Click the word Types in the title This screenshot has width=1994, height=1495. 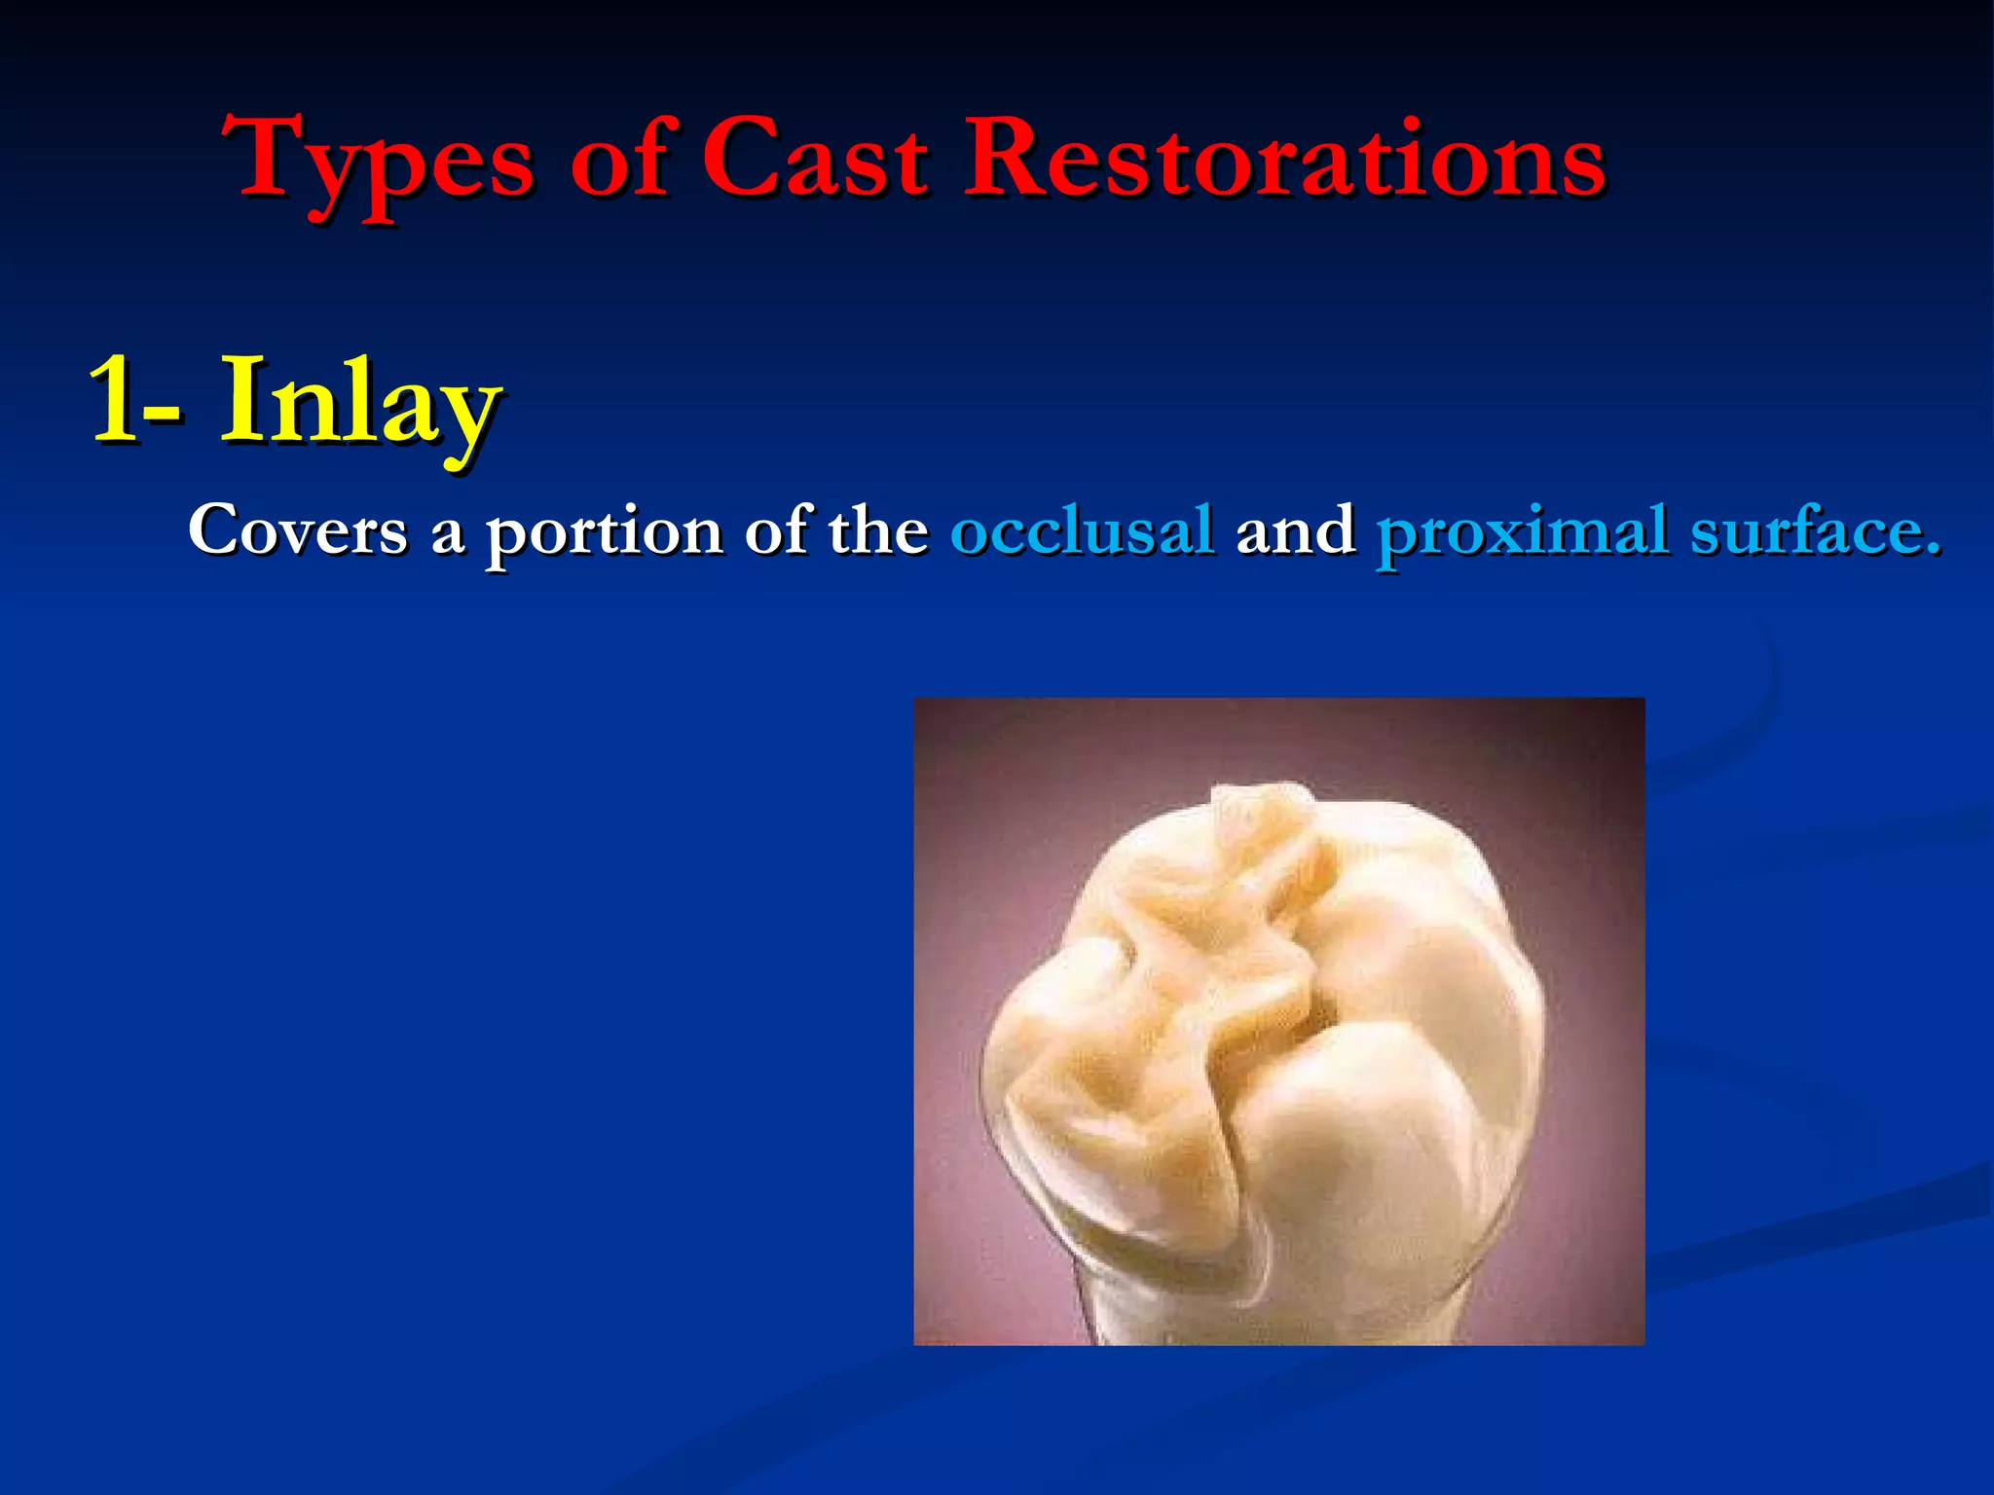pyautogui.click(x=380, y=161)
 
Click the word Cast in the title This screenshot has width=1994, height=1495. pyautogui.click(x=815, y=156)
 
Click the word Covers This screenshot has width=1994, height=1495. pyautogui.click(x=297, y=531)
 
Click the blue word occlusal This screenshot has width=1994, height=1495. pyautogui.click(x=1083, y=531)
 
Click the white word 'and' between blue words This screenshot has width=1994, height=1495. pyautogui.click(x=1295, y=531)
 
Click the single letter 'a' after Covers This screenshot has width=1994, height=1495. pyautogui.click(x=447, y=535)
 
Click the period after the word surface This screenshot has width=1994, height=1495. pyautogui.click(x=1931, y=551)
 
